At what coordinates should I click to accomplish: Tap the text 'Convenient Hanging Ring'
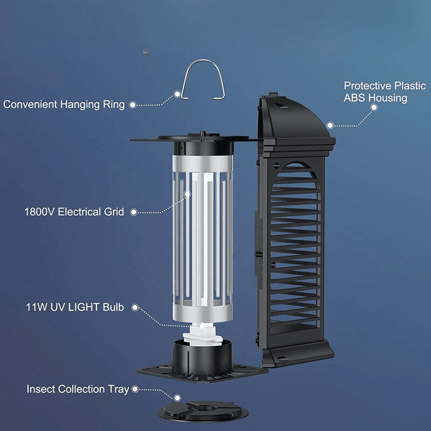coord(64,104)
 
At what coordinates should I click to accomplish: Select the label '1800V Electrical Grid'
coord(74,212)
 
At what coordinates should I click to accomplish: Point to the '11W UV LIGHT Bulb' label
coord(75,308)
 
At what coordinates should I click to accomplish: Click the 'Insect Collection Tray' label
coord(78,388)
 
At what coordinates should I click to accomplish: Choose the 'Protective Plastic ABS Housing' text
coord(385,92)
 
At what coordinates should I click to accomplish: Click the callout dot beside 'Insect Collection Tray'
coord(134,388)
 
